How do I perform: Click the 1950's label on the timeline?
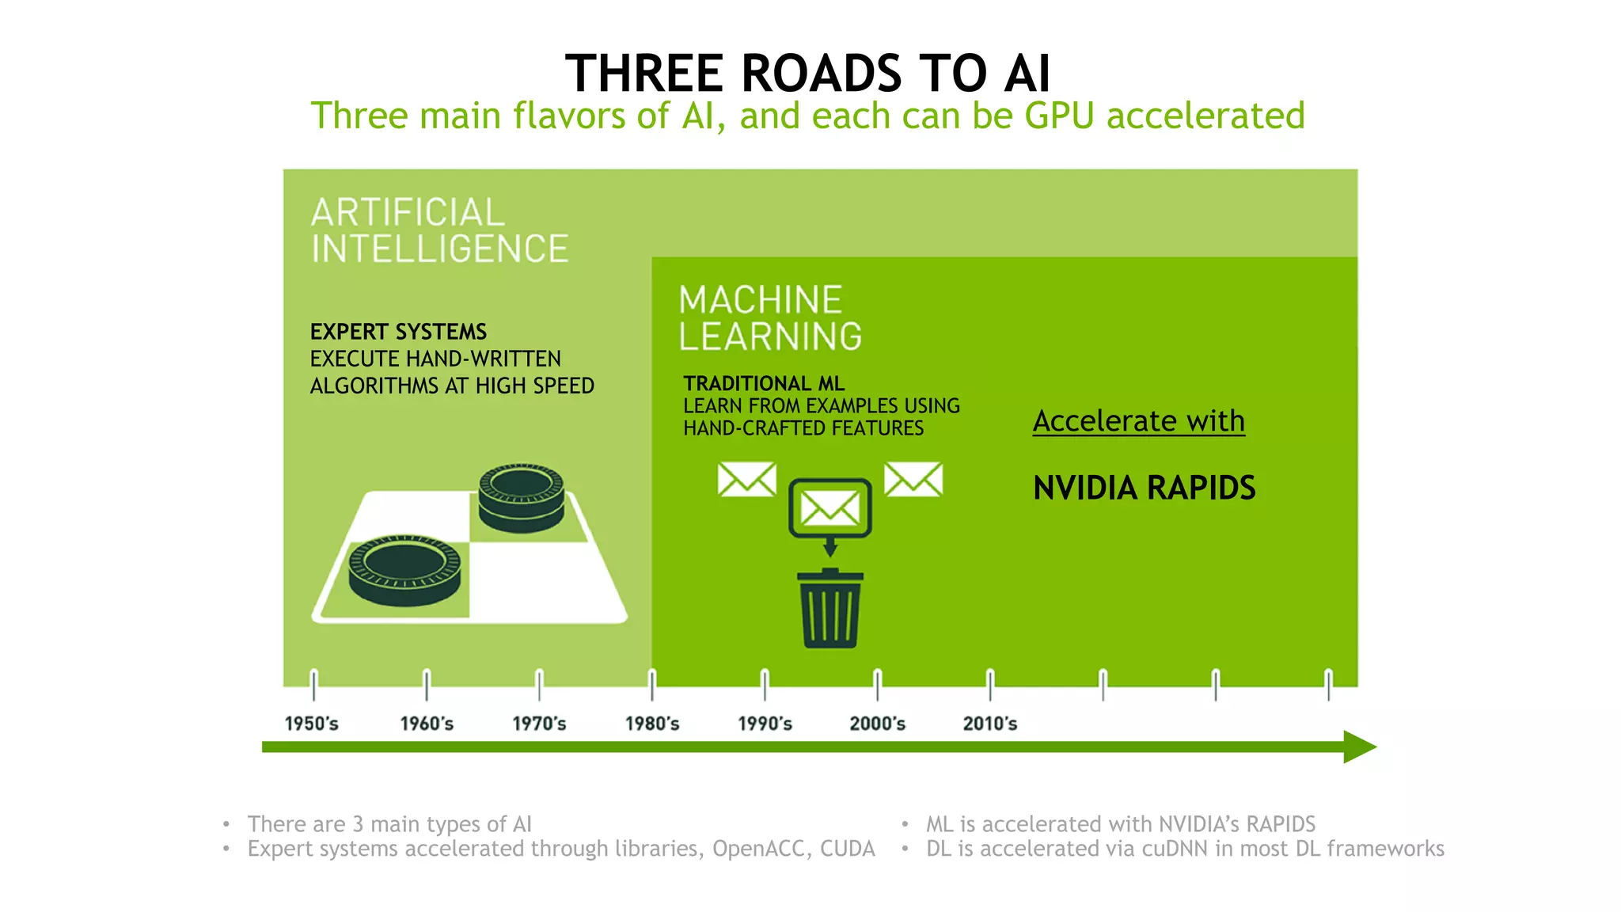[311, 723]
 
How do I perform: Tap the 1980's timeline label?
[652, 723]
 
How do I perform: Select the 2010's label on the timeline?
[989, 723]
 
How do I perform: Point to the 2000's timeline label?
[877, 723]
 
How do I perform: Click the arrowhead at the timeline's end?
[1360, 747]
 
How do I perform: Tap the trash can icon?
[830, 610]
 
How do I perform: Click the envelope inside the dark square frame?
[830, 507]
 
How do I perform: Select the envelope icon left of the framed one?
[746, 480]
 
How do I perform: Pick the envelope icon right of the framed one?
[913, 480]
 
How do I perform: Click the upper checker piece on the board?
[521, 497]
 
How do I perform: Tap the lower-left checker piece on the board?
[404, 569]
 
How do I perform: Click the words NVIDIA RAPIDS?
[1144, 488]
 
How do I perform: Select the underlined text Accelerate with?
[1138, 420]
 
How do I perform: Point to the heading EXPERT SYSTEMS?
[398, 332]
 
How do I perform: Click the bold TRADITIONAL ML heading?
[764, 384]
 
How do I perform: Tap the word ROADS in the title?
[821, 74]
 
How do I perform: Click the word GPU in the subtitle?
[1059, 116]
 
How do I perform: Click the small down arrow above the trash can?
[830, 547]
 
